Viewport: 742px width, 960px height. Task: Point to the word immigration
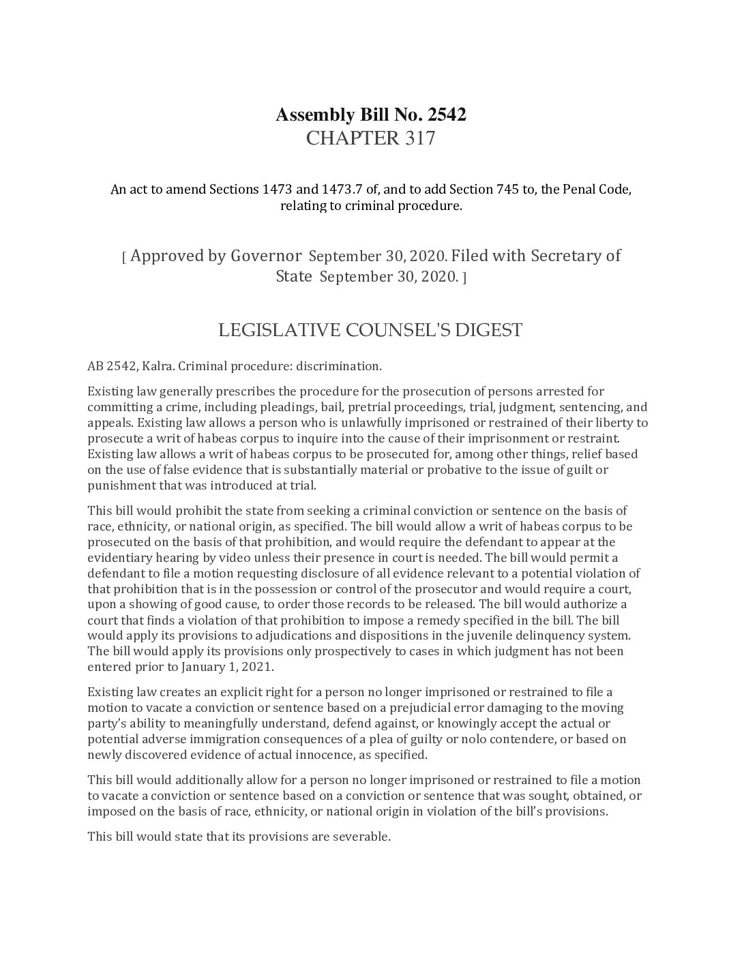point(235,739)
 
